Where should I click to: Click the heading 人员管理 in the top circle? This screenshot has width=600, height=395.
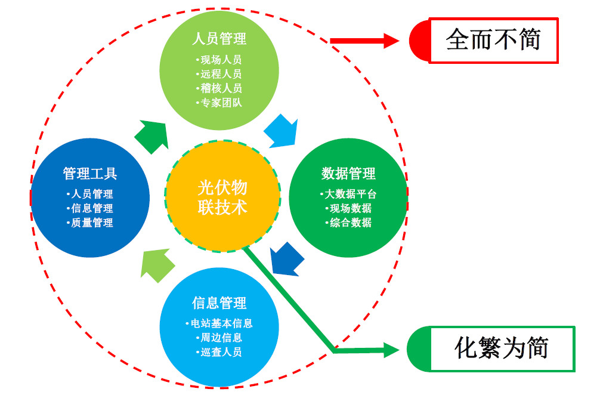pyautogui.click(x=219, y=39)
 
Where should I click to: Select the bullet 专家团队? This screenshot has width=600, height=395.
pyautogui.click(x=219, y=102)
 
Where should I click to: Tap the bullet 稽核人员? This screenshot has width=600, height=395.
pyautogui.click(x=219, y=88)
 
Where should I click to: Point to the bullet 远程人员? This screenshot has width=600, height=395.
pyautogui.click(x=219, y=74)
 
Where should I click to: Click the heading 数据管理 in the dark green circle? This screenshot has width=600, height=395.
pyautogui.click(x=348, y=174)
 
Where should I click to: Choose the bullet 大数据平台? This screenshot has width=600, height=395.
pyautogui.click(x=348, y=194)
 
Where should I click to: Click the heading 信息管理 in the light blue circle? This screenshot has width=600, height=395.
pyautogui.click(x=219, y=303)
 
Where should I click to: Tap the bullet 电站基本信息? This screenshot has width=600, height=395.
pyautogui.click(x=219, y=323)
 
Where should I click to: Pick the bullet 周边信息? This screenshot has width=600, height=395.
pyautogui.click(x=219, y=338)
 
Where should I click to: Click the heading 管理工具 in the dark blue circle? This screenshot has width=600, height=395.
pyautogui.click(x=90, y=174)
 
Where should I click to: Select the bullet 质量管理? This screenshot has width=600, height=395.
pyautogui.click(x=90, y=223)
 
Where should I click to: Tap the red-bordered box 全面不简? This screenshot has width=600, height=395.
pyautogui.click(x=493, y=41)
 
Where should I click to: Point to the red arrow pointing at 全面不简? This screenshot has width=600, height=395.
pyautogui.click(x=364, y=41)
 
